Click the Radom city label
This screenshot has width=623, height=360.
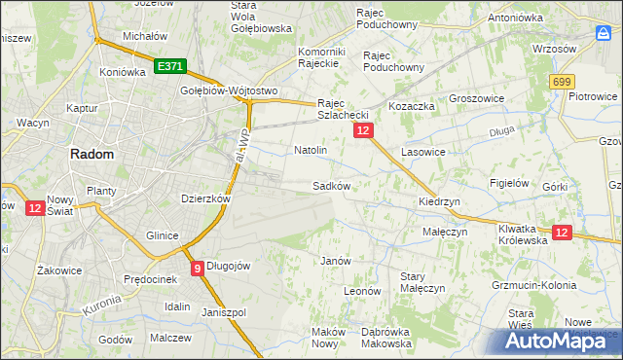point(91,154)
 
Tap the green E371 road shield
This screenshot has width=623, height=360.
point(169,66)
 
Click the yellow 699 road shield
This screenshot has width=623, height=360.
point(561,84)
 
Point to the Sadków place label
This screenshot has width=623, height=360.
point(331,185)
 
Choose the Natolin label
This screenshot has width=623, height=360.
point(311,151)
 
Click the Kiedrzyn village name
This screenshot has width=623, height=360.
point(439,201)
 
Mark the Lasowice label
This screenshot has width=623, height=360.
point(422,153)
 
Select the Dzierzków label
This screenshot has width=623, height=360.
point(205,198)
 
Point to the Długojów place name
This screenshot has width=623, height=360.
point(229,267)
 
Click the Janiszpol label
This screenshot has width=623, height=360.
point(224,312)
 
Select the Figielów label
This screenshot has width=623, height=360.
point(509,183)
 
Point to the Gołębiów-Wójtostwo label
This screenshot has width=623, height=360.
point(229,91)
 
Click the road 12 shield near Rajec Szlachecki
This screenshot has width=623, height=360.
point(363,129)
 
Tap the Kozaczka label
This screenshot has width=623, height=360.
point(410,104)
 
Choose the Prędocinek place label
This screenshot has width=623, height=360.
point(148,279)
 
